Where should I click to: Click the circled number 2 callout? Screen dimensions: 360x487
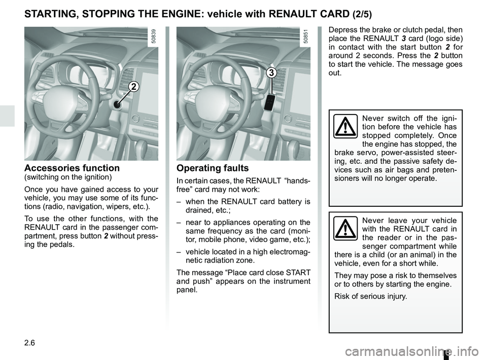pyautogui.click(x=133, y=87)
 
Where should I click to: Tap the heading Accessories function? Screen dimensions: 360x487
pyautogui.click(x=72, y=168)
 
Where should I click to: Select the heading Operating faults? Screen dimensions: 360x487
pyautogui.click(x=212, y=168)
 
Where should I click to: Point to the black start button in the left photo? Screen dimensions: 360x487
pyautogui.click(x=117, y=105)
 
